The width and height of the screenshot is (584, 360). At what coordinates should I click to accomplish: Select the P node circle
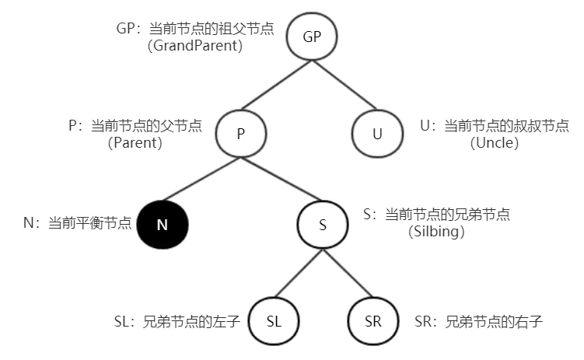tap(241, 133)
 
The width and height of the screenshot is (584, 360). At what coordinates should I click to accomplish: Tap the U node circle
tap(377, 133)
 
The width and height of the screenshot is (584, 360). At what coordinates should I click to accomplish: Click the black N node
tap(162, 225)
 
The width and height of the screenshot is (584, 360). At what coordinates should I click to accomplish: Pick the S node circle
tap(323, 225)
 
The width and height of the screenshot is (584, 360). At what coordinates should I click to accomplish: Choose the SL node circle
tap(274, 321)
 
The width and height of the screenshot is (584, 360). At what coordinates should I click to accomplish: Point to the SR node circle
tap(373, 321)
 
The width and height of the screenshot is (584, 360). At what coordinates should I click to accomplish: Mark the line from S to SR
tap(348, 273)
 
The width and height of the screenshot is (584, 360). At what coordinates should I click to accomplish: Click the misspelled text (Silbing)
tap(436, 232)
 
